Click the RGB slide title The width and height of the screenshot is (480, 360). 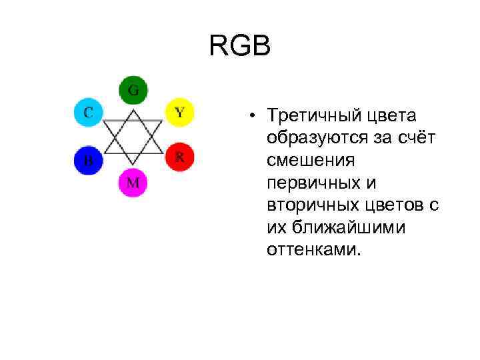(x=240, y=47)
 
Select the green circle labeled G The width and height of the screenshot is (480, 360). (x=133, y=91)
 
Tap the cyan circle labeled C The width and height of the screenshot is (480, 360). (x=88, y=111)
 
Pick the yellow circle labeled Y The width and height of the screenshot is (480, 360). (x=179, y=111)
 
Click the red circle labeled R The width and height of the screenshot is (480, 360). (x=179, y=157)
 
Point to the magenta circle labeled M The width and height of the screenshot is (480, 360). (x=133, y=182)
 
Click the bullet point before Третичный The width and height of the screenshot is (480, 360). (x=254, y=116)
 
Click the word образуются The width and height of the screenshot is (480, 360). (x=310, y=138)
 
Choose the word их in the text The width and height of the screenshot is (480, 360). (x=276, y=227)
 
